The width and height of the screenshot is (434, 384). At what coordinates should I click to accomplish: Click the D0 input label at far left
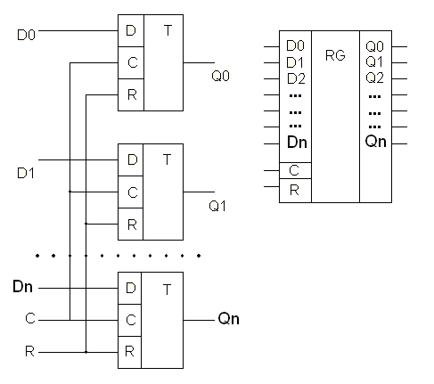tap(26, 35)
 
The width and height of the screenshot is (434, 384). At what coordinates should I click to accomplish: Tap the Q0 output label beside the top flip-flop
tap(220, 76)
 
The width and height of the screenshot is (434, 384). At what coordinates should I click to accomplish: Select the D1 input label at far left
tap(26, 173)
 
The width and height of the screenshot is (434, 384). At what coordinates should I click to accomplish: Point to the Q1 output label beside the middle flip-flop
tap(217, 206)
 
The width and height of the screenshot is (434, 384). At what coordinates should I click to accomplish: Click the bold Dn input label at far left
tap(22, 287)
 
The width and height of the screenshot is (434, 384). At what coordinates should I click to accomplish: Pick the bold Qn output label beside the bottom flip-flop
tap(228, 319)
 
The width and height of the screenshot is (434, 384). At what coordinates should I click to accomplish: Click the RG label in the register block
tap(335, 55)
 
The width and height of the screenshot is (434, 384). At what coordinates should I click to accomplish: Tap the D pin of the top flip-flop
tap(131, 30)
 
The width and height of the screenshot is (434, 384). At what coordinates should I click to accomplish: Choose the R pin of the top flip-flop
tap(132, 94)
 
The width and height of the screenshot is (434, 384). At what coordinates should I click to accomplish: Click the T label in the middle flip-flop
tap(168, 159)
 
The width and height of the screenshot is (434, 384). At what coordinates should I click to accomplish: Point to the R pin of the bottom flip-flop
tap(129, 352)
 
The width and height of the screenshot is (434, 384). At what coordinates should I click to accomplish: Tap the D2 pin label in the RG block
tap(296, 78)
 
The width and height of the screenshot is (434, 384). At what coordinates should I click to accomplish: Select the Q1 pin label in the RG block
tap(374, 61)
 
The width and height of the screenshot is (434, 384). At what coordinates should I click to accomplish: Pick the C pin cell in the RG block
tap(295, 170)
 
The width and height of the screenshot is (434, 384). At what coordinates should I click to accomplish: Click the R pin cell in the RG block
tap(295, 191)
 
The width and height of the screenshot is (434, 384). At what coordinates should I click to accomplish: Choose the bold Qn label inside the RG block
tap(376, 142)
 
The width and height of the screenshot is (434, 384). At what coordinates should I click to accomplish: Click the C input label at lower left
tap(30, 318)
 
